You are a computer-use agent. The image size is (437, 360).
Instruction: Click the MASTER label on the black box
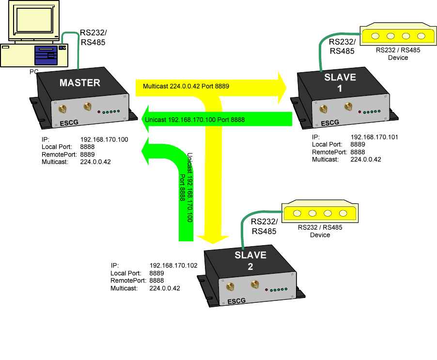[x=79, y=82]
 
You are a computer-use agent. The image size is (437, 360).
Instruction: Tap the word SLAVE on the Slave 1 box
[x=340, y=77]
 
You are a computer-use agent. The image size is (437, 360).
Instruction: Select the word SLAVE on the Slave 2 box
[x=250, y=255]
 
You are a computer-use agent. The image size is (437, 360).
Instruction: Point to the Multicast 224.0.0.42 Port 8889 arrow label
[x=186, y=86]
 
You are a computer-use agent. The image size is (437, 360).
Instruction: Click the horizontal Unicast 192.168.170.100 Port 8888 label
[x=195, y=120]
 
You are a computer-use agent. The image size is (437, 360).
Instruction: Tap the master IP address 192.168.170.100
[x=104, y=140]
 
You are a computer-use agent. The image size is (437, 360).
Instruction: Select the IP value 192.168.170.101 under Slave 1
[x=374, y=137]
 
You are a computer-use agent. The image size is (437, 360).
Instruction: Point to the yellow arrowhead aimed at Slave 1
[x=281, y=87]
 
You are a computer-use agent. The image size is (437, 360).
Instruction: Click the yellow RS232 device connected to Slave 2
[x=320, y=213]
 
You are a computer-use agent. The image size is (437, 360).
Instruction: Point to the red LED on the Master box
[x=99, y=112]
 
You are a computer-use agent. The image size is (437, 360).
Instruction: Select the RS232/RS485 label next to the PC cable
[x=93, y=38]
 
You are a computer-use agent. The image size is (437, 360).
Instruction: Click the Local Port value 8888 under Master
[x=87, y=147]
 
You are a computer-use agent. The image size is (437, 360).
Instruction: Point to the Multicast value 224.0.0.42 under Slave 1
[x=366, y=159]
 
